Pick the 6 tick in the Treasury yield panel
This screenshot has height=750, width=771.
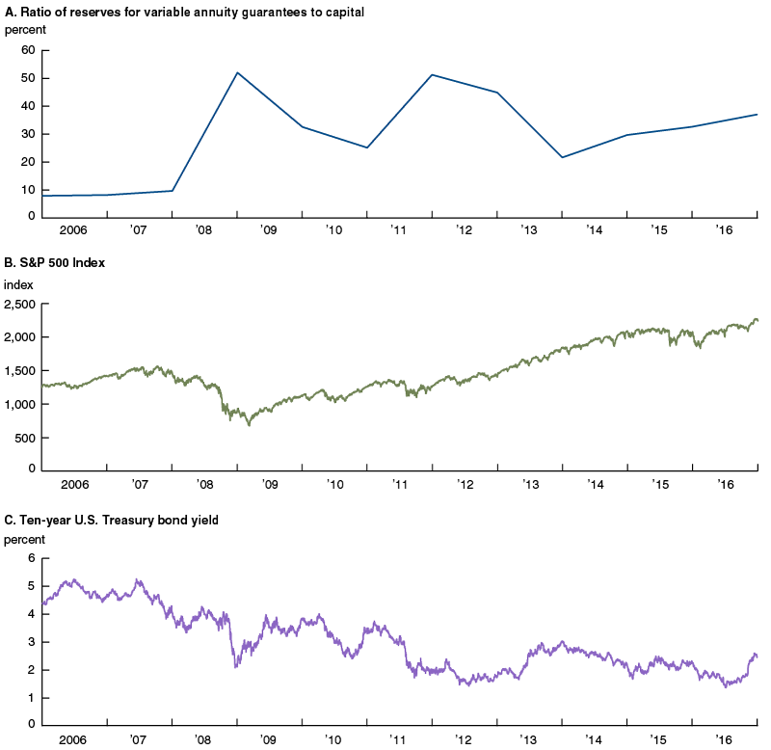point(31,558)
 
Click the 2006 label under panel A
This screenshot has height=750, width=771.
point(74,232)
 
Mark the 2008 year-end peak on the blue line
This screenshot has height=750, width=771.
point(237,72)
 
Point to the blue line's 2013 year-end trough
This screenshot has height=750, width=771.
point(562,157)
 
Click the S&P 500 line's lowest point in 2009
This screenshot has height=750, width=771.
point(249,425)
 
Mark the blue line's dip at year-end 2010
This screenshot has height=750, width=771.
point(367,147)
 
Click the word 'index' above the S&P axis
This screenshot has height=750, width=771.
point(18,284)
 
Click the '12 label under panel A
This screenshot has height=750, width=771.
point(465,232)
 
